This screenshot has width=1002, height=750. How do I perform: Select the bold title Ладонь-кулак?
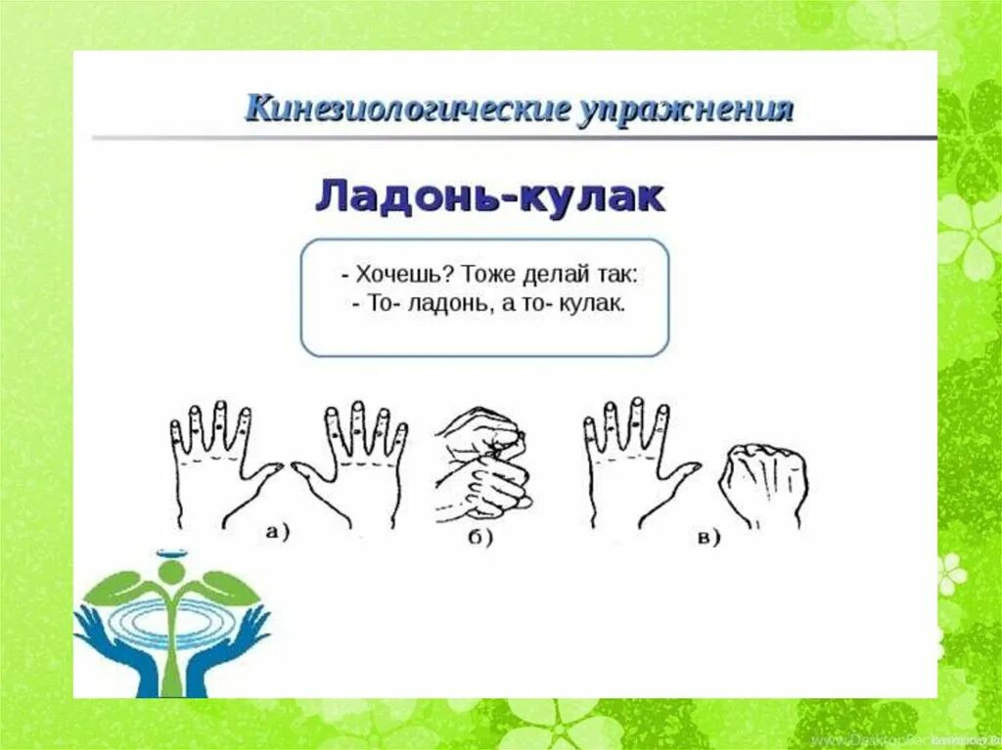point(489,198)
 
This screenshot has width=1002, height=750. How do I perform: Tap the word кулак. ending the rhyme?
point(592,304)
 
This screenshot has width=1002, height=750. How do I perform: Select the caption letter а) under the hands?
point(278,532)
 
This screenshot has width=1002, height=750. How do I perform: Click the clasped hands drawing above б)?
point(479,465)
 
